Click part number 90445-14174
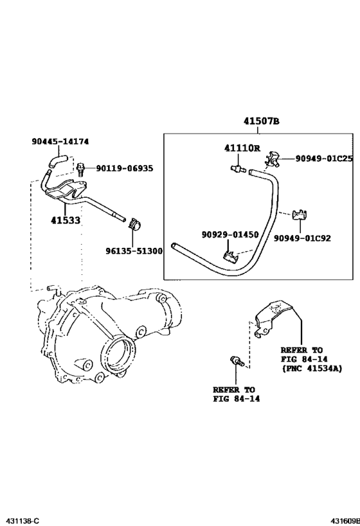(60, 141)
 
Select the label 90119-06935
(125, 168)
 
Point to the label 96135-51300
(134, 251)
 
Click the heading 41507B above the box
(261, 121)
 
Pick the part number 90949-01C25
(324, 158)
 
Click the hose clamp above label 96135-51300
(136, 225)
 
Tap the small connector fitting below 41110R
(239, 169)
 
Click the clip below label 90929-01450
(231, 258)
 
